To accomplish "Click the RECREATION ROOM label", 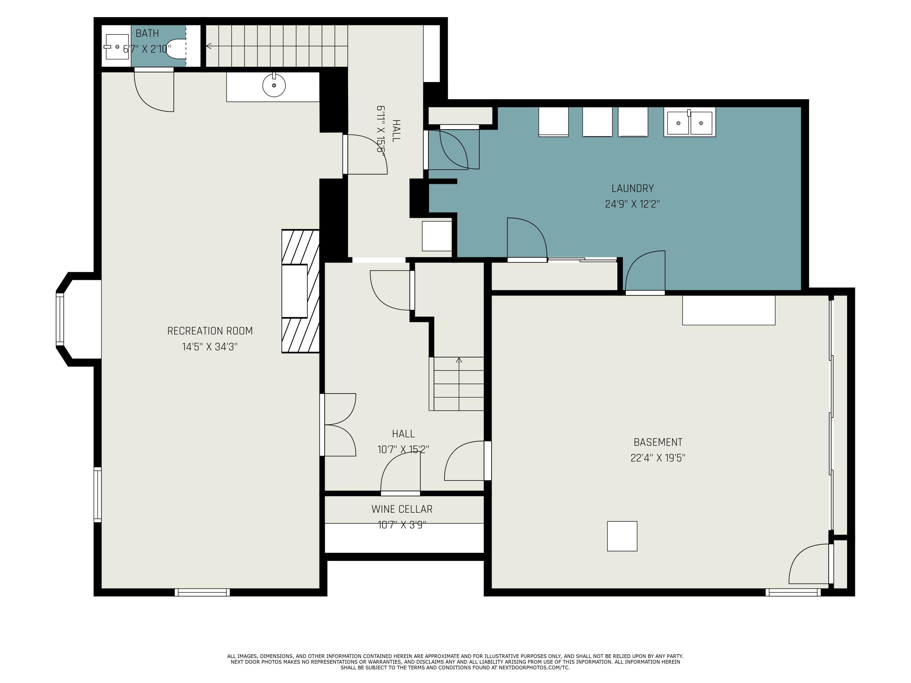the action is [210, 331].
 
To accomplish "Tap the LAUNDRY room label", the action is [633, 189].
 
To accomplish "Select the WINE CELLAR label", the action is [402, 509].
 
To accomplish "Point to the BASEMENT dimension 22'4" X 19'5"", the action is [658, 458].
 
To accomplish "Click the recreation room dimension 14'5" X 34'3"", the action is [210, 347].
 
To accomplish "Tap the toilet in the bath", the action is [176, 49].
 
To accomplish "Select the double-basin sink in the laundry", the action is [689, 122].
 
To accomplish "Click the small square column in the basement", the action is [622, 536].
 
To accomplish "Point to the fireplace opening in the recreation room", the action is [295, 291].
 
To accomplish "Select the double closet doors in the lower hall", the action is [339, 425].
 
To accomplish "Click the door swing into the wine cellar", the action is [400, 472].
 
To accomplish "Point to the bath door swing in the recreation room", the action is [154, 91].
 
